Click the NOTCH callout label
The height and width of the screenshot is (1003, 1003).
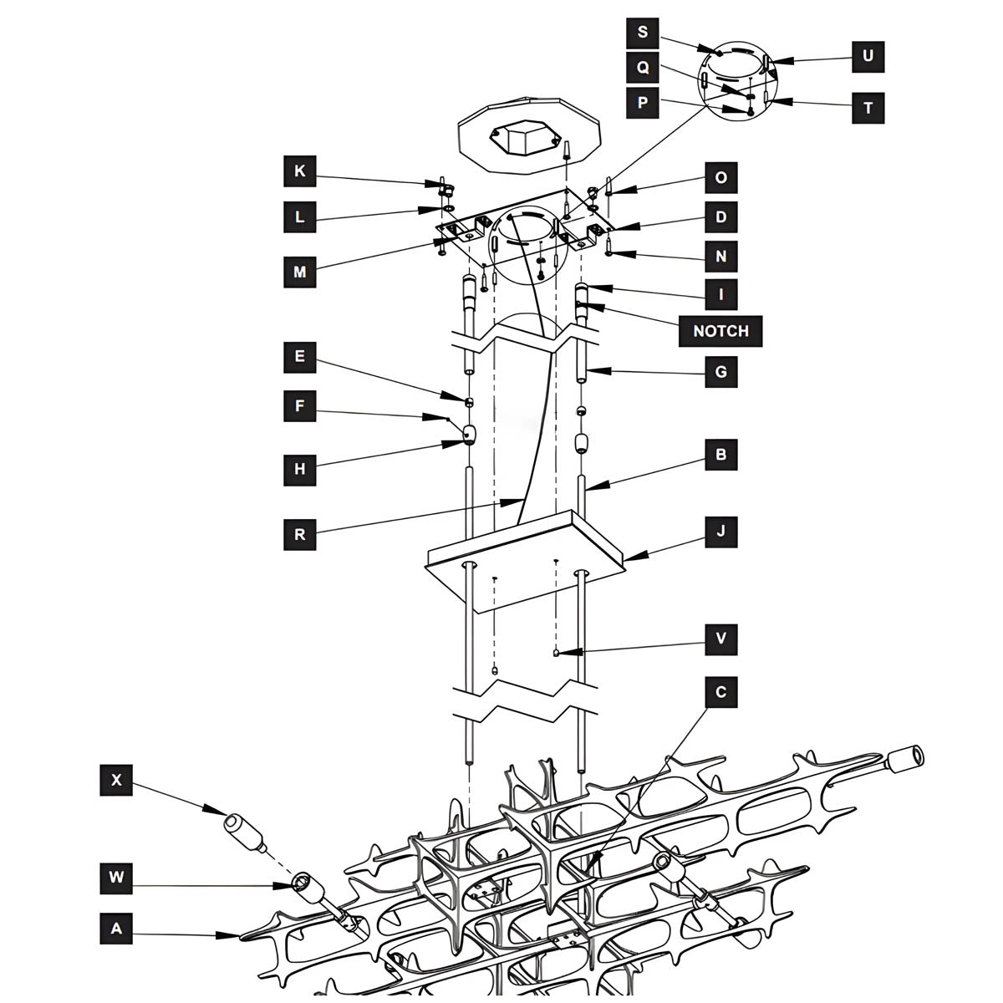pyautogui.click(x=720, y=331)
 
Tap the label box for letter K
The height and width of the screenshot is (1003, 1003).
pyautogui.click(x=300, y=172)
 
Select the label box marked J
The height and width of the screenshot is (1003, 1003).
pyautogui.click(x=720, y=531)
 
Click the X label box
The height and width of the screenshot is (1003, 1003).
pyautogui.click(x=116, y=780)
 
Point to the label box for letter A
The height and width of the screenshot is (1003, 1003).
pyautogui.click(x=116, y=928)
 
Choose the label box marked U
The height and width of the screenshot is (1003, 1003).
pyautogui.click(x=868, y=56)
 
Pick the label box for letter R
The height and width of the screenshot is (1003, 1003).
pyautogui.click(x=300, y=534)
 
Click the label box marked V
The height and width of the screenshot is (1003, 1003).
pyautogui.click(x=720, y=639)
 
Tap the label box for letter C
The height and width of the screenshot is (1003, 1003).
pyautogui.click(x=720, y=692)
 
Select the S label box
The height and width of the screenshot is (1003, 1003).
pyautogui.click(x=642, y=33)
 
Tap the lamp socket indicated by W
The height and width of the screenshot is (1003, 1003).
pyautogui.click(x=308, y=888)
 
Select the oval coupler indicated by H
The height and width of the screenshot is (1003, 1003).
pyautogui.click(x=469, y=434)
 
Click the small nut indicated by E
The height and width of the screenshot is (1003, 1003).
pyautogui.click(x=469, y=402)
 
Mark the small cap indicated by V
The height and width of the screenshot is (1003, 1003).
pyautogui.click(x=557, y=654)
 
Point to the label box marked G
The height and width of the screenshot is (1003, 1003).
pyautogui.click(x=720, y=372)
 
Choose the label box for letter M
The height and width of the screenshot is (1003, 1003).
pyautogui.click(x=300, y=272)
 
